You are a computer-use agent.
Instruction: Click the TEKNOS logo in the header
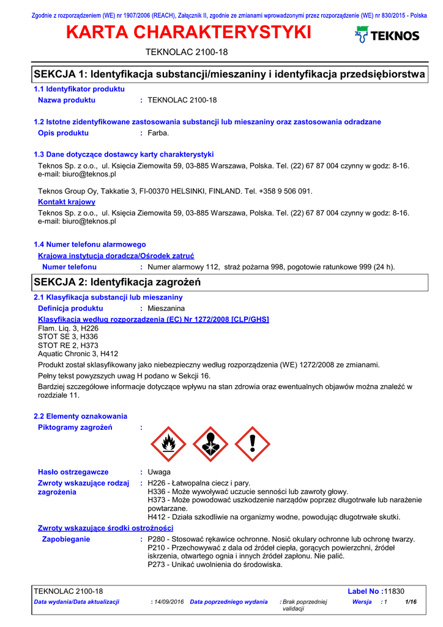coord(387,36)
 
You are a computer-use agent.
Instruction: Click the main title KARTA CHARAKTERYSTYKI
coord(188,33)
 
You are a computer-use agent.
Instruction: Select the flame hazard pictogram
coord(168,444)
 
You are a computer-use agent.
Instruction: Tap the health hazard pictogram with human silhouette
coord(210,444)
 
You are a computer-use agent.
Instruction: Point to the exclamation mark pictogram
coord(252,444)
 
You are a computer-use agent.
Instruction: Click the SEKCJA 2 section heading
coord(117,282)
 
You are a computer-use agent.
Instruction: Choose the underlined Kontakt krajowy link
coord(67,201)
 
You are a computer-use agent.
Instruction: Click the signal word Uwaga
coord(159,472)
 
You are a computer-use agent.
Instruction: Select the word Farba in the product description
coord(158,133)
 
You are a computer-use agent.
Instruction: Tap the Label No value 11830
coord(395,591)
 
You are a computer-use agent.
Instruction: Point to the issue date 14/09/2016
coord(169,603)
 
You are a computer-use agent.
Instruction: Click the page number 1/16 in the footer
coord(411,603)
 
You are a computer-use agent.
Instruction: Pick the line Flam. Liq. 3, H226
coord(68,328)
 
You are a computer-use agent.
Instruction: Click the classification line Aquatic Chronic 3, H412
coord(78,354)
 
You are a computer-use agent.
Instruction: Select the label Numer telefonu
coord(69,267)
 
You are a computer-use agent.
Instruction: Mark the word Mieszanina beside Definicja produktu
coord(166,309)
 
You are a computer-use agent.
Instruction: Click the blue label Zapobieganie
coord(65,539)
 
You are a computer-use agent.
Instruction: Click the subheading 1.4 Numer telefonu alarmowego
coord(89,244)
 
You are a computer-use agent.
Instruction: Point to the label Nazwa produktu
coord(67,100)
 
